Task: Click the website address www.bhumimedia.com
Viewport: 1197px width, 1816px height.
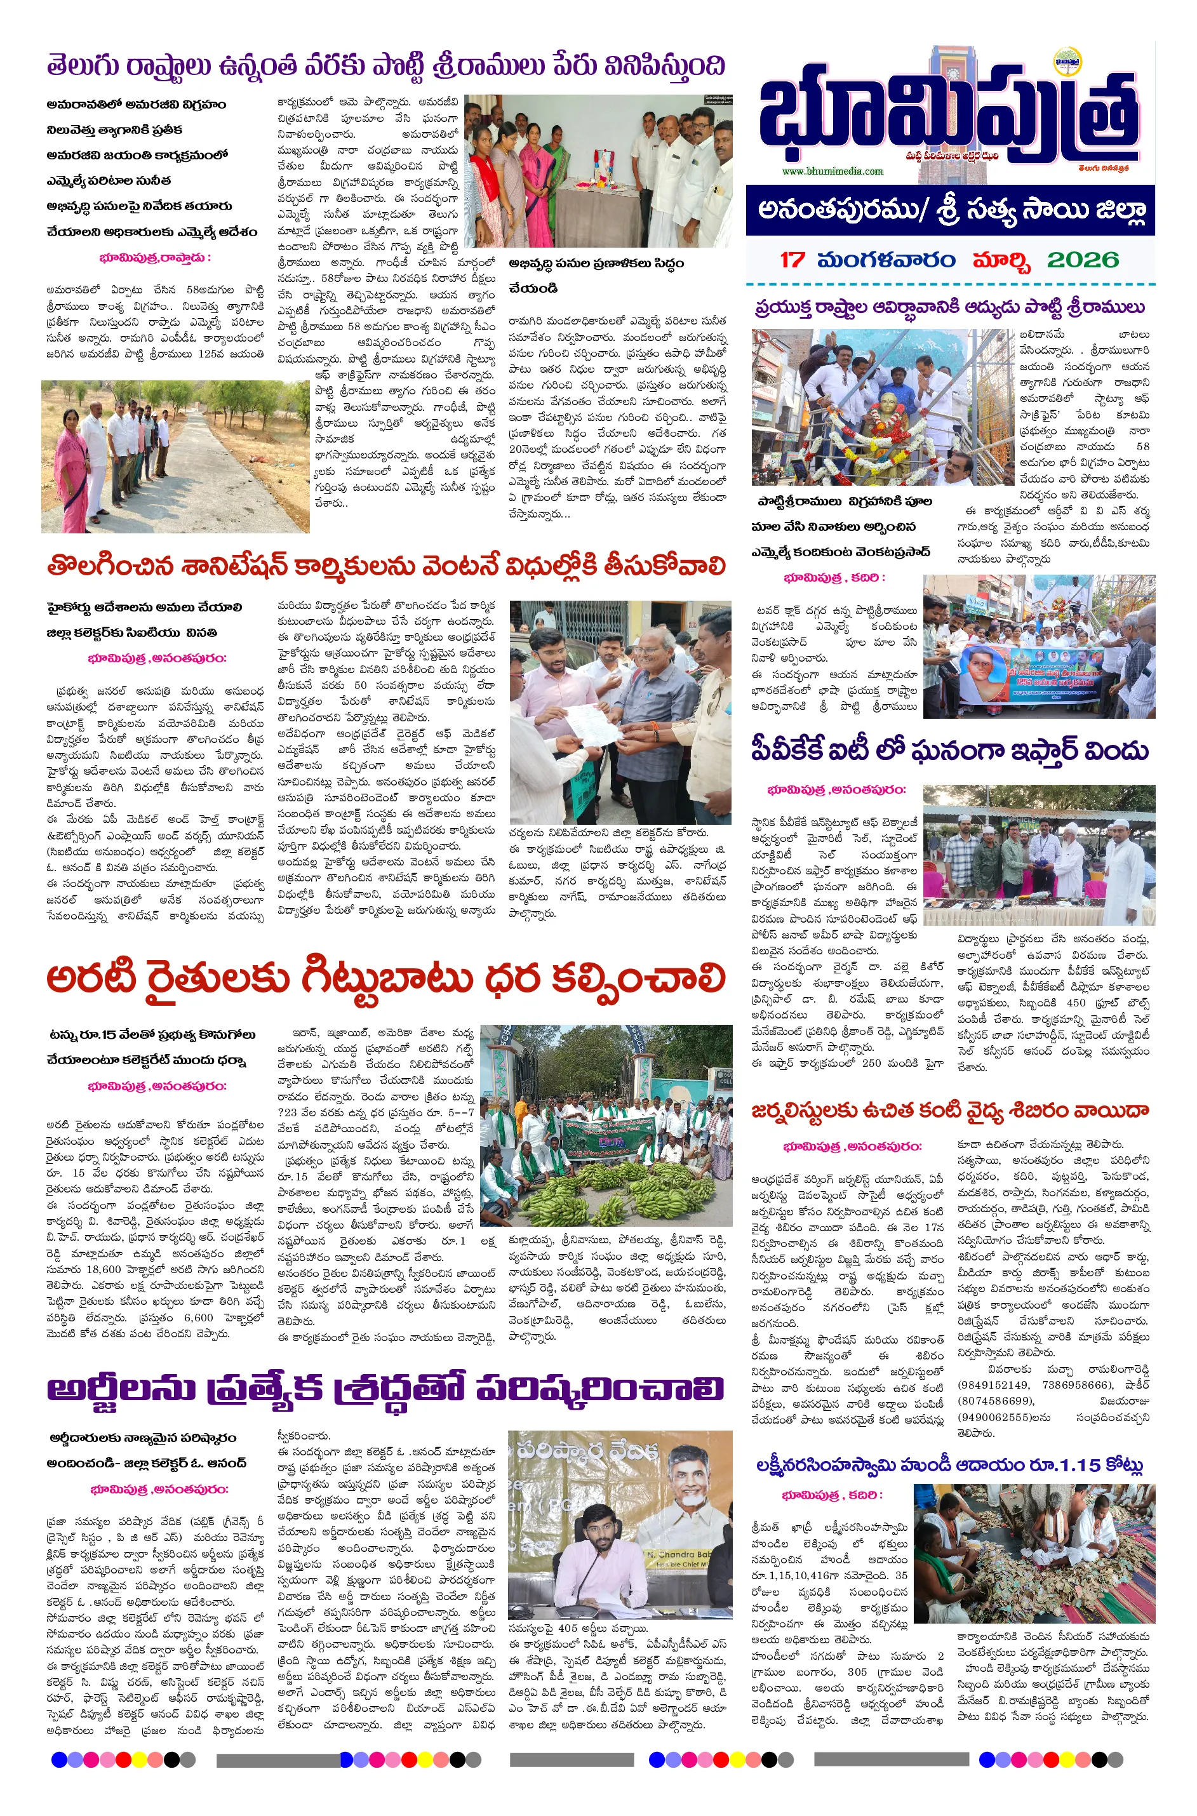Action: (x=832, y=171)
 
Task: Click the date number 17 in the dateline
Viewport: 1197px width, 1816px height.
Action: (x=792, y=260)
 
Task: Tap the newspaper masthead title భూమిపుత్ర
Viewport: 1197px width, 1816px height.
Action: (x=947, y=114)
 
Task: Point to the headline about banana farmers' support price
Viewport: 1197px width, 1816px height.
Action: (x=385, y=979)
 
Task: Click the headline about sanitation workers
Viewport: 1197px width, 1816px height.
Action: (x=385, y=566)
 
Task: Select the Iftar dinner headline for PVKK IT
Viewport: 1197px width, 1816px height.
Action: (x=949, y=751)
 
